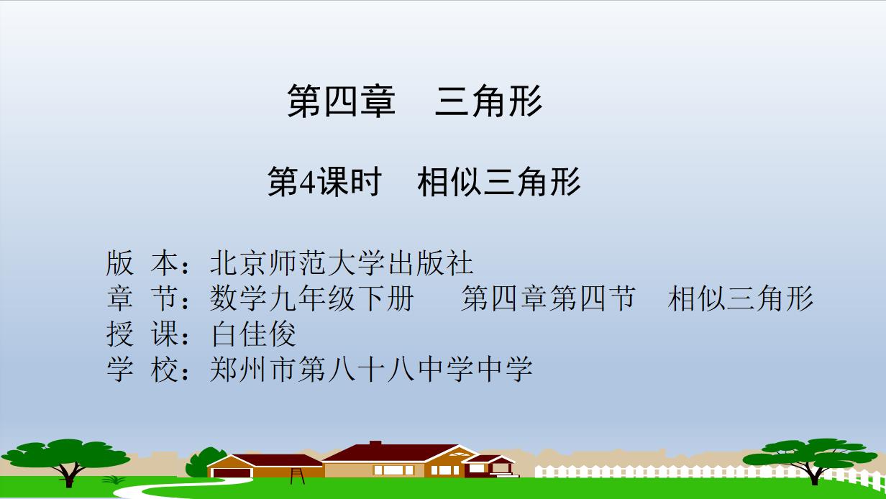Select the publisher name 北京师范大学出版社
(x=342, y=263)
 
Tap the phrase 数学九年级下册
(x=312, y=298)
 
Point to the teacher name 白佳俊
(x=254, y=334)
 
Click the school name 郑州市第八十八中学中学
(x=371, y=369)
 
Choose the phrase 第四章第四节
(x=549, y=298)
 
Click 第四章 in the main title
(x=342, y=101)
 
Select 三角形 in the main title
(x=488, y=101)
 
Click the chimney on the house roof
(x=375, y=443)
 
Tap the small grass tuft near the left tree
(x=114, y=480)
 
